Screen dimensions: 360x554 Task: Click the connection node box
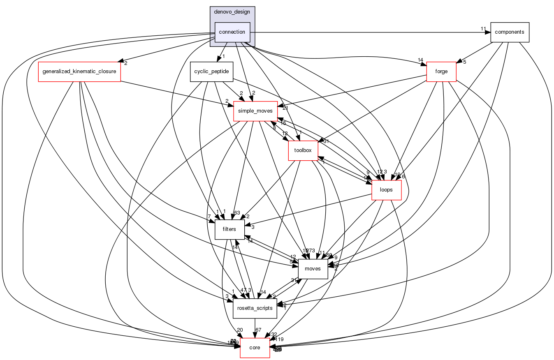(x=232, y=32)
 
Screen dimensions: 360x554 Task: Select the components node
(x=509, y=32)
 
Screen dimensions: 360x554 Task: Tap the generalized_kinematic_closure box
(x=79, y=72)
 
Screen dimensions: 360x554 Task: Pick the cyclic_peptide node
(x=211, y=72)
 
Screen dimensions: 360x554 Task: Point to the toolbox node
(x=303, y=150)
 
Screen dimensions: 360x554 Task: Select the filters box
(x=229, y=229)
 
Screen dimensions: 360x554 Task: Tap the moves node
(x=313, y=269)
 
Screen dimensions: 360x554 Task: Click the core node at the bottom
(x=255, y=348)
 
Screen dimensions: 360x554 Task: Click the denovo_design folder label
(x=232, y=12)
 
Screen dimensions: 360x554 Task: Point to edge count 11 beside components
(x=483, y=29)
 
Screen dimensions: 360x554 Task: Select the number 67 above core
(x=259, y=330)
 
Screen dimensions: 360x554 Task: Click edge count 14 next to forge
(x=420, y=60)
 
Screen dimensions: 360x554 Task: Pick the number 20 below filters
(x=240, y=330)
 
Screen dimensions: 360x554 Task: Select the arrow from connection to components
(x=370, y=32)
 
